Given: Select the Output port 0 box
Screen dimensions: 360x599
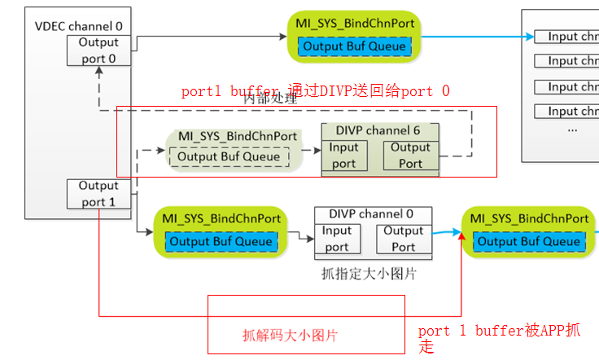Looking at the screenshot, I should coord(98,50).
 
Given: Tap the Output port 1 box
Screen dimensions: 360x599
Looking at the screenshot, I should coord(98,194).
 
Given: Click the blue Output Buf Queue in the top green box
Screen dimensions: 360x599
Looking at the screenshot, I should coord(354,46).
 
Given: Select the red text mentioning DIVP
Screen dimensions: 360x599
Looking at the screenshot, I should coord(315,91).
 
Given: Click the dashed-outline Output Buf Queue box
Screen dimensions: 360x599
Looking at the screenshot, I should coord(228,156).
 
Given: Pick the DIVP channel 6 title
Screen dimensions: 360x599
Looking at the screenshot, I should coord(380,130).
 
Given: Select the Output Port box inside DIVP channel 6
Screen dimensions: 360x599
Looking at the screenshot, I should coord(409,155).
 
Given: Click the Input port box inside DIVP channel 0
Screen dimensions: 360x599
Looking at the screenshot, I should coord(336,239).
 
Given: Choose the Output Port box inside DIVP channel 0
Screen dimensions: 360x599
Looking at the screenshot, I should coord(403,239).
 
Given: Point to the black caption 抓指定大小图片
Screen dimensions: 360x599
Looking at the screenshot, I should coord(369,274).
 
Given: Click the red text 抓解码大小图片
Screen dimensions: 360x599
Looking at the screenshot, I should coord(291,335).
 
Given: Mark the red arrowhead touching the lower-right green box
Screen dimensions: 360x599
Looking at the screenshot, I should coord(462,236).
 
